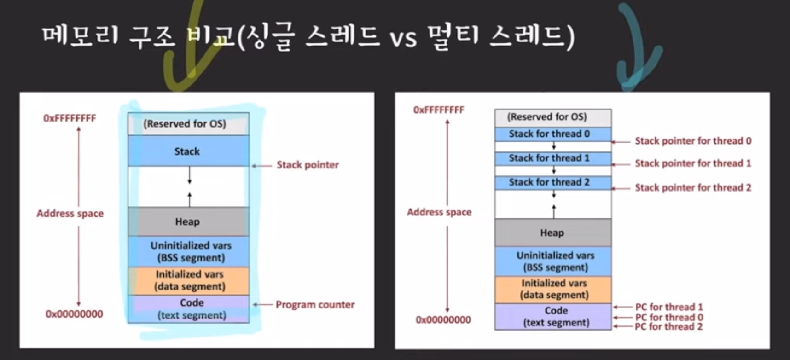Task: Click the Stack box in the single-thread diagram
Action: [x=188, y=151]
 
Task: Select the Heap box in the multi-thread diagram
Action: [x=552, y=232]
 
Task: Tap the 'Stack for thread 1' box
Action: [x=553, y=158]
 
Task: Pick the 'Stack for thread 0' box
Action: [x=553, y=134]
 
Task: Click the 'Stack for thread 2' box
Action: [x=553, y=182]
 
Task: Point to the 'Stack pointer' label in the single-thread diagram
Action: [x=308, y=165]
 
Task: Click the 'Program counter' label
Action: [x=315, y=304]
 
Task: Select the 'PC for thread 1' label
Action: [x=668, y=307]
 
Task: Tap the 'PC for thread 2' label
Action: [x=668, y=327]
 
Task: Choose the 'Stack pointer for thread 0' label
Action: [x=693, y=141]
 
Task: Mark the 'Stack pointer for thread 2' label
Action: [x=693, y=187]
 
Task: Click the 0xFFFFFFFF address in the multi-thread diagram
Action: [x=439, y=110]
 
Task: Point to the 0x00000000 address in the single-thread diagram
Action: [x=74, y=314]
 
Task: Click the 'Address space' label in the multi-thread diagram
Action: [x=439, y=212]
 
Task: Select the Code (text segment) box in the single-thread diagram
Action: [x=191, y=309]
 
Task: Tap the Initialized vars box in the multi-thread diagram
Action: [x=554, y=289]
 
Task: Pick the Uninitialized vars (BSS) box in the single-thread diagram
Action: [x=191, y=251]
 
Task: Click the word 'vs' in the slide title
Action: [x=404, y=38]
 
